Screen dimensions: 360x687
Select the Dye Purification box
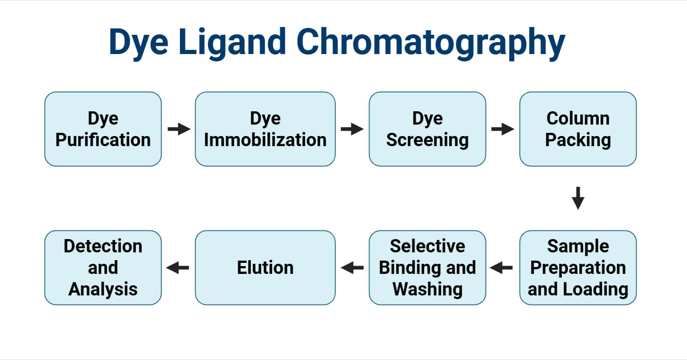[x=103, y=129]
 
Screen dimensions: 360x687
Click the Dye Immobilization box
[x=265, y=129]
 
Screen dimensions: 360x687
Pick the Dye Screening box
[x=427, y=129]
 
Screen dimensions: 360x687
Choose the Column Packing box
[x=578, y=129]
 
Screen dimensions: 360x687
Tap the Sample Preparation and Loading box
[x=578, y=267]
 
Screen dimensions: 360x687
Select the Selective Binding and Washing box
[x=427, y=267]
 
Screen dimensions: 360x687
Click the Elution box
[x=265, y=267]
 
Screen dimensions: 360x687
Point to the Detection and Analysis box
[x=103, y=267]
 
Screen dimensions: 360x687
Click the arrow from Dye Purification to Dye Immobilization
[x=179, y=129]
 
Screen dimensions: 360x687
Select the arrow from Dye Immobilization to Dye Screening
[x=352, y=129]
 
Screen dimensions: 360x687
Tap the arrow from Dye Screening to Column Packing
[x=502, y=129]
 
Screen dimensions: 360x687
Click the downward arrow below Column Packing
[x=578, y=198]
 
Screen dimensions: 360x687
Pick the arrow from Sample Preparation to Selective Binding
[x=502, y=267]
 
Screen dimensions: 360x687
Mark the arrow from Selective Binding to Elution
[x=352, y=267]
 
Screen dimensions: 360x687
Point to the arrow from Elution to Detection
[x=178, y=267]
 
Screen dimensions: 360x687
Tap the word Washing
[x=427, y=289]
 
